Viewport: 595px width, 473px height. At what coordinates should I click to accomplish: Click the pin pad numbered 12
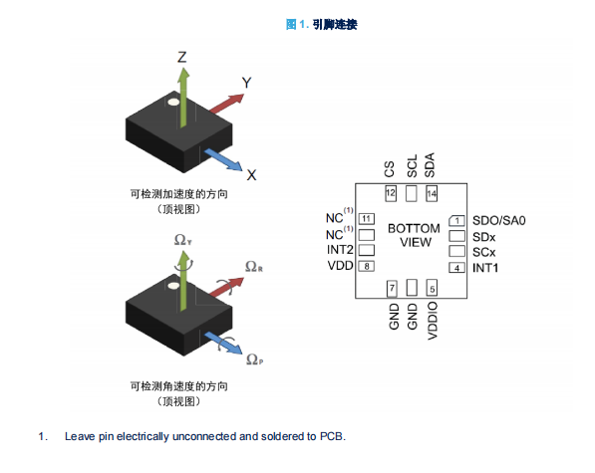click(x=391, y=193)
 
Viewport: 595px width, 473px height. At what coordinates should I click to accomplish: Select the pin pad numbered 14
click(x=432, y=193)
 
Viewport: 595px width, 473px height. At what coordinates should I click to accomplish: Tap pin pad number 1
click(x=456, y=221)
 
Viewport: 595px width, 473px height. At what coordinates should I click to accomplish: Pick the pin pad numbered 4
click(x=456, y=268)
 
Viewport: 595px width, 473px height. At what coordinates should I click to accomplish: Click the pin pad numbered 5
click(x=432, y=288)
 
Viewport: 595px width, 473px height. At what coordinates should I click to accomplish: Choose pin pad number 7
click(x=392, y=288)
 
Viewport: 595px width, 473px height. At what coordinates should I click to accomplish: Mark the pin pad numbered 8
click(x=367, y=267)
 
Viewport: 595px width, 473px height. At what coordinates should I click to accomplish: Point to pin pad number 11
click(x=367, y=219)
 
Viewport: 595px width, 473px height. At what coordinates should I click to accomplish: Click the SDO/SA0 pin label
click(x=499, y=221)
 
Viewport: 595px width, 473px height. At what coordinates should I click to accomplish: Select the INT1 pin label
click(x=485, y=268)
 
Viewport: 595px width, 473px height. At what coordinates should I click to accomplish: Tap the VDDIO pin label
click(x=433, y=321)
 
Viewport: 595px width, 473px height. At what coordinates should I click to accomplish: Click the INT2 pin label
click(x=340, y=250)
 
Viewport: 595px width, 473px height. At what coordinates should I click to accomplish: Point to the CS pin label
click(x=390, y=169)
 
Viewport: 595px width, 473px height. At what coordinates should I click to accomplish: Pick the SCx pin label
click(x=483, y=252)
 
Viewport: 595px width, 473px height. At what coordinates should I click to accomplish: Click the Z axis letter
click(x=182, y=57)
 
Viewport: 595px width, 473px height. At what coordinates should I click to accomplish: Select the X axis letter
click(x=251, y=175)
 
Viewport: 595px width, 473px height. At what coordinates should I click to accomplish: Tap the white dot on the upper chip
click(x=173, y=102)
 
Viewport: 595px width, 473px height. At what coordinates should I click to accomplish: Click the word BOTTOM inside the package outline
click(x=414, y=229)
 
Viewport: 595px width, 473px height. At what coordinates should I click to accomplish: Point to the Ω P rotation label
click(x=254, y=359)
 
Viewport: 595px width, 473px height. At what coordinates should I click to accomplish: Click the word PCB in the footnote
click(x=331, y=436)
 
